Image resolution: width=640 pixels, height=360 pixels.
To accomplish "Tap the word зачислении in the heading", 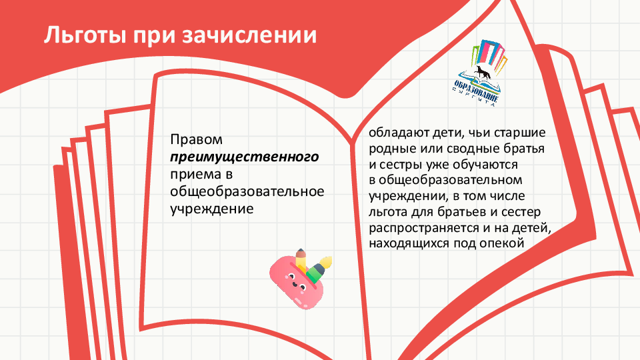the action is point(249,35).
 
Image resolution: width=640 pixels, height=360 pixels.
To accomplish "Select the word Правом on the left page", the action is point(196,139).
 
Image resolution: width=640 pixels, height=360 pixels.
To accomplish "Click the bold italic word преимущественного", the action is point(245,157).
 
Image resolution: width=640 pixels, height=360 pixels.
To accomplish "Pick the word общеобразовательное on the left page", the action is point(247,191).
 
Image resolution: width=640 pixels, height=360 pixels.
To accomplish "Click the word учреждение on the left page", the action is point(212,209).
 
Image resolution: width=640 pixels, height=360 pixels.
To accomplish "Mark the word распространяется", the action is point(425,228).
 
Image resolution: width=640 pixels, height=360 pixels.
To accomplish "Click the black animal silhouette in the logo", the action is point(484,72).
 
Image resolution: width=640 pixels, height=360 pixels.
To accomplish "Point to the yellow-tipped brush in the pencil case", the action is point(319,269).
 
